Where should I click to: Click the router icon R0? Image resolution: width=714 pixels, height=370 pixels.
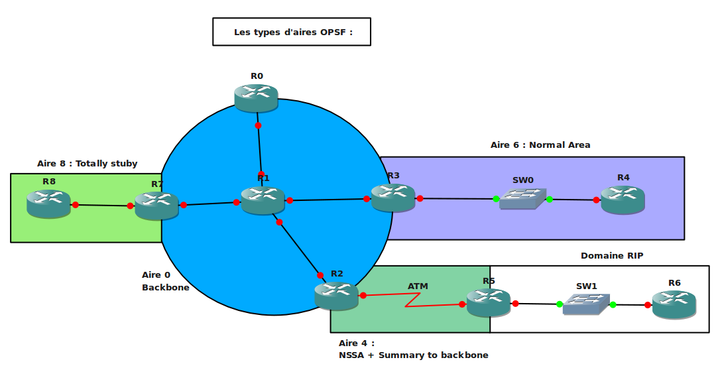[256, 97]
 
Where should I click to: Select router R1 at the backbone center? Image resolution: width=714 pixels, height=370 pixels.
[263, 200]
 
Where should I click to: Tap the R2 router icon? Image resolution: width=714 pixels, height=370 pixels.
[336, 295]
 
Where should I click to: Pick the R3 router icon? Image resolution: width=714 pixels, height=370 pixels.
[392, 197]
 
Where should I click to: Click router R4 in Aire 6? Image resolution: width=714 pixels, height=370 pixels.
[623, 199]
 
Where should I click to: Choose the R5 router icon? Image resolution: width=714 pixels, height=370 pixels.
[488, 302]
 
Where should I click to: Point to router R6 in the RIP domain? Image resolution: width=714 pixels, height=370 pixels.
[674, 304]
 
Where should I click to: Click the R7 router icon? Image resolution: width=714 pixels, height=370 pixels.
[156, 206]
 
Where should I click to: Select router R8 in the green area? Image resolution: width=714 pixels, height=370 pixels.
[48, 203]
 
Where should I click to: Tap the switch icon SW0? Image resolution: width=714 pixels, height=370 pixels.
[523, 198]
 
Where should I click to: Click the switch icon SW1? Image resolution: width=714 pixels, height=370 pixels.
[586, 304]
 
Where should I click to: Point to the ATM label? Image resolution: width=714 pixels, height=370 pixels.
[418, 286]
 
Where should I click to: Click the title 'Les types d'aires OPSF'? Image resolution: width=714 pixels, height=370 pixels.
[292, 32]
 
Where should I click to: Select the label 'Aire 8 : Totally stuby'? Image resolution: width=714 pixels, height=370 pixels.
[88, 164]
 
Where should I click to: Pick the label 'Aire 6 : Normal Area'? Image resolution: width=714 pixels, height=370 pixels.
[540, 145]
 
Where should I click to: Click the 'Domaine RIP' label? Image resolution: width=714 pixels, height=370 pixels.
[612, 255]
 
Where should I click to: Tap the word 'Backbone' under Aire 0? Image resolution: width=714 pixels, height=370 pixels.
[166, 288]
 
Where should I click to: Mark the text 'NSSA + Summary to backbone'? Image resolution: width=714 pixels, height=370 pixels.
[413, 355]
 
